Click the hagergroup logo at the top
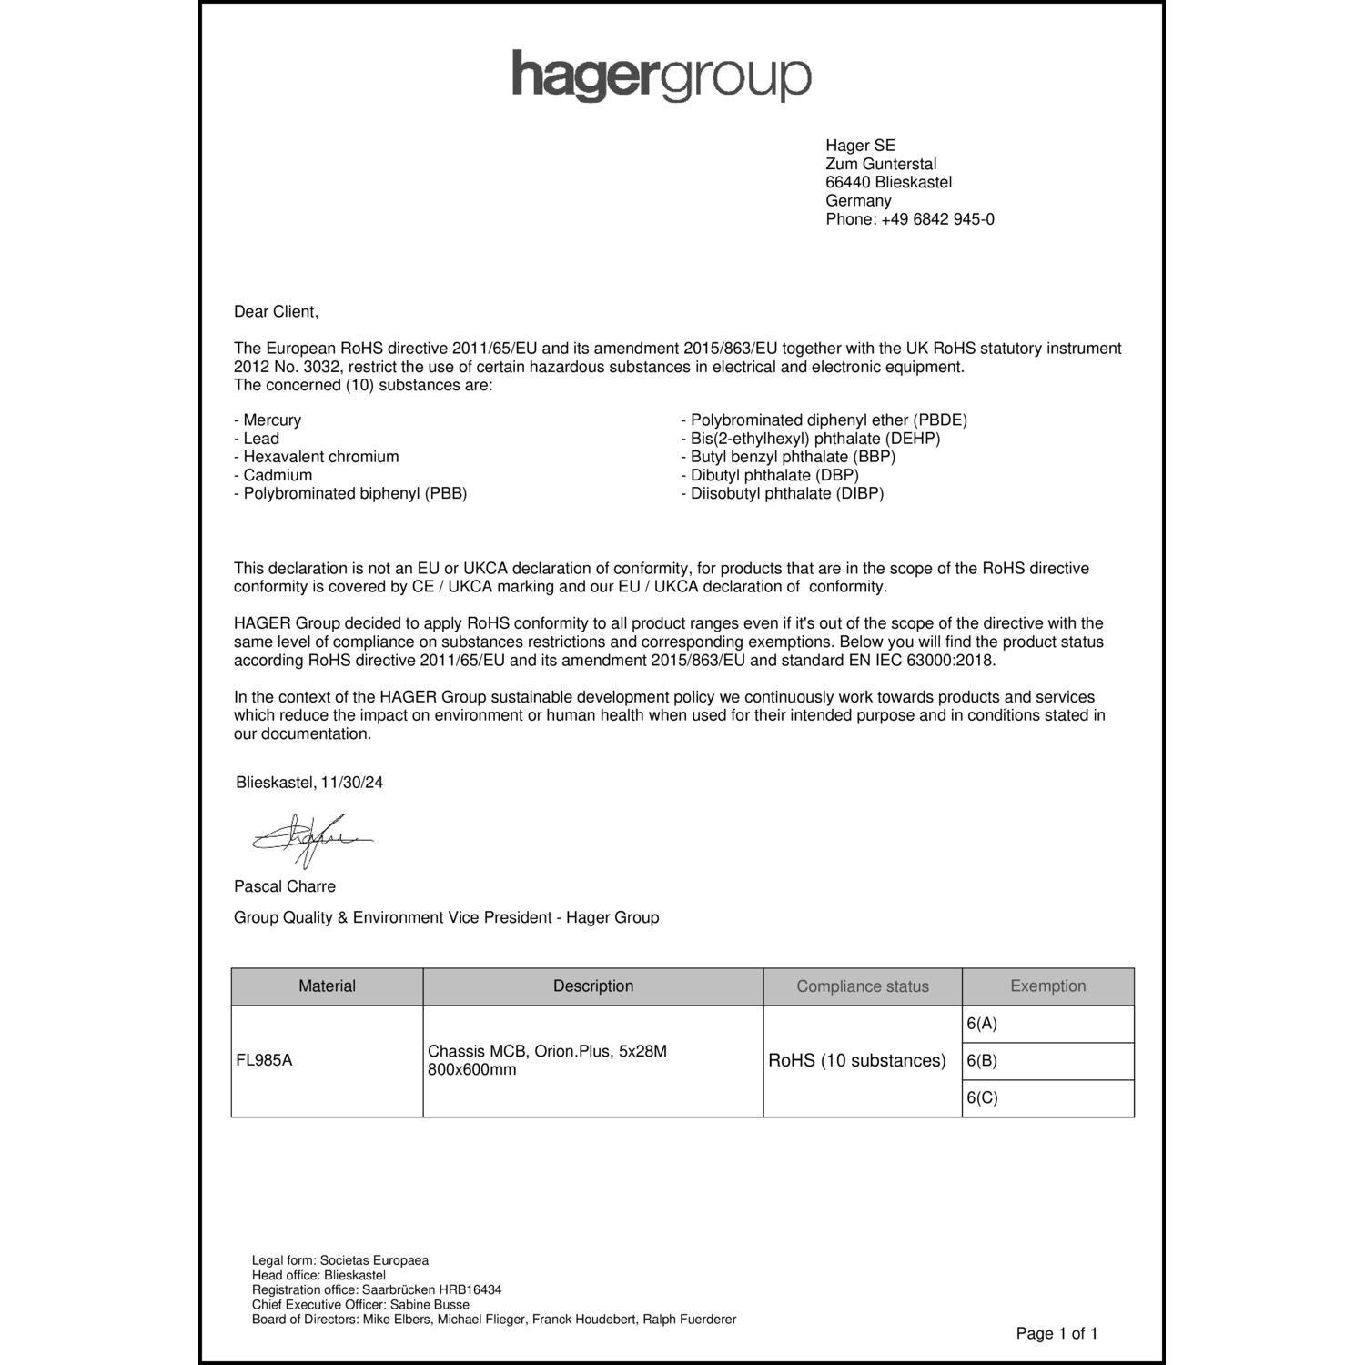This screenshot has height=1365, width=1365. point(661,76)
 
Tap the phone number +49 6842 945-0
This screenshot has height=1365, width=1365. point(936,219)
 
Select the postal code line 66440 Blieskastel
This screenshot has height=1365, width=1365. point(888,182)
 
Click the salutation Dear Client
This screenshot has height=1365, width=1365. point(276,311)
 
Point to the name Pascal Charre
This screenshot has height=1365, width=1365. point(284,886)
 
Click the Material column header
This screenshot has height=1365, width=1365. point(327,986)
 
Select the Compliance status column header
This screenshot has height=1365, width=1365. point(863,986)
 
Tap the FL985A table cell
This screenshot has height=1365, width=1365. point(264,1060)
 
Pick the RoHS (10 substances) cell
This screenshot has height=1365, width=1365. point(857,1061)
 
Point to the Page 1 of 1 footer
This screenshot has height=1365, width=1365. point(1057,1334)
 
